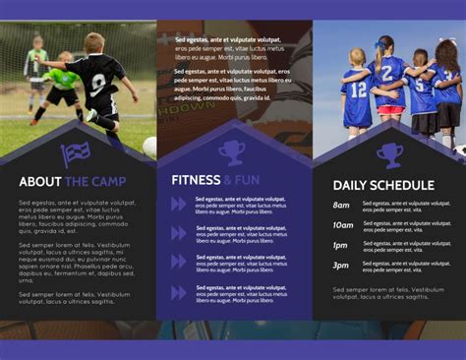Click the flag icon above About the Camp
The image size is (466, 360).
click(76, 153)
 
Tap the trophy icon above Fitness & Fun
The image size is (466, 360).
click(233, 151)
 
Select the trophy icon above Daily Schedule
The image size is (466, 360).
click(389, 154)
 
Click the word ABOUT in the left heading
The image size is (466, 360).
click(40, 182)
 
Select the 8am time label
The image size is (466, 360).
click(341, 206)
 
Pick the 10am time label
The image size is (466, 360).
click(341, 225)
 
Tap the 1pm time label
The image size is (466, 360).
click(340, 246)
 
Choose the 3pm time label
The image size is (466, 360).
click(340, 266)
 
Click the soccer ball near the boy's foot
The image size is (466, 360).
click(149, 147)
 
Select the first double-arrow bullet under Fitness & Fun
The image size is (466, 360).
click(178, 205)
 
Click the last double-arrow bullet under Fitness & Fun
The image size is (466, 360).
click(178, 293)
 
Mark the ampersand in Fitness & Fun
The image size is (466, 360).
click(228, 180)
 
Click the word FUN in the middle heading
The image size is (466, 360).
click(248, 180)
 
